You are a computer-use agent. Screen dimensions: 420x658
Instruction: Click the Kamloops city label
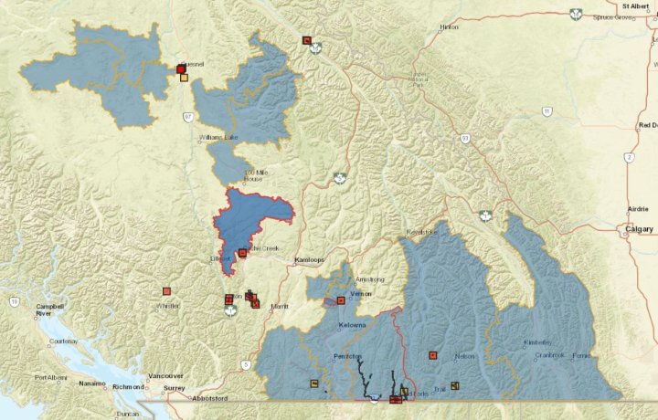coord(310,260)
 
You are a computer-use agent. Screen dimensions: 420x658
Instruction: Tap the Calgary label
coord(638,229)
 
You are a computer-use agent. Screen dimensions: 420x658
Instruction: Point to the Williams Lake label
coord(218,138)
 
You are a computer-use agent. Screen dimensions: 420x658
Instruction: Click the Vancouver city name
coord(164,375)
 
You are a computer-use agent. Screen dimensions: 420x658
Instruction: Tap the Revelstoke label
coord(422,233)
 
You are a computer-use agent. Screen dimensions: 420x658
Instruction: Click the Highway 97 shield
coord(187,117)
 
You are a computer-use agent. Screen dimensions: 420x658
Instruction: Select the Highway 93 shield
coord(465,138)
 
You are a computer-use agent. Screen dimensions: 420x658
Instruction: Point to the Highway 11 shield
coord(547,111)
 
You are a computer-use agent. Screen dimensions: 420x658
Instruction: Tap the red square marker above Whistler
coord(166,291)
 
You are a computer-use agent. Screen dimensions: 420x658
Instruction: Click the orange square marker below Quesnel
coord(184,78)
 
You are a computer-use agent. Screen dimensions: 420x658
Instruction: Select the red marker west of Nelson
coord(433,354)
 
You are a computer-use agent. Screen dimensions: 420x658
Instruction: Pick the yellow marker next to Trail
coord(454,385)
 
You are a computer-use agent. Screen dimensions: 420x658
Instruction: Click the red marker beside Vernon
coord(340,299)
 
